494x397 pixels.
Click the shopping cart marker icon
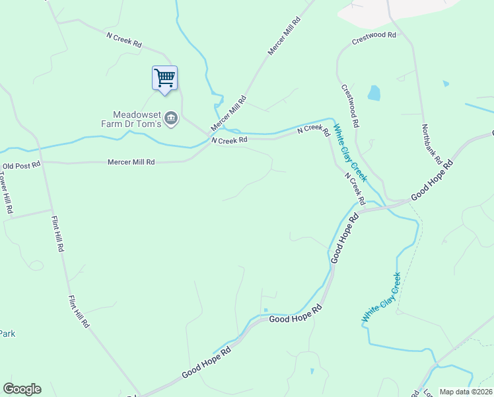(164, 77)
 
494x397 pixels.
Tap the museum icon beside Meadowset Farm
(171, 118)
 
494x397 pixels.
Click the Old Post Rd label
(21, 165)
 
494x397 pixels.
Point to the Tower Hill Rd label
(5, 193)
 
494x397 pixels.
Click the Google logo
(22, 389)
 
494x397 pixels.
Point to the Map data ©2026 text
(465, 392)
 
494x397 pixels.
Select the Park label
(7, 333)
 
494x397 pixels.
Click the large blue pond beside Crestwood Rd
(374, 93)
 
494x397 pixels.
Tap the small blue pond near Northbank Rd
(446, 84)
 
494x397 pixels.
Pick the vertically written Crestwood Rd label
(350, 106)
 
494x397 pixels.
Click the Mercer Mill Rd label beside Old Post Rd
(131, 161)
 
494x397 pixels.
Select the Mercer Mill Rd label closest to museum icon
(229, 114)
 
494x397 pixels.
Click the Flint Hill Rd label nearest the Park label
(78, 312)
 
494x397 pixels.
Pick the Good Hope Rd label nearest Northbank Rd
(432, 180)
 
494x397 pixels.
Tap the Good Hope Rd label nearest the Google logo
(206, 363)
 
